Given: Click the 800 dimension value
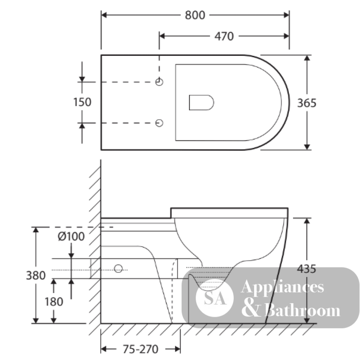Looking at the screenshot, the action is [x=195, y=15].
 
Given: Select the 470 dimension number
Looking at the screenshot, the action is [x=224, y=36].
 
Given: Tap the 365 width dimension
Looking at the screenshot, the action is [x=307, y=103].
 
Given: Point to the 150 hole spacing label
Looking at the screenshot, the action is [x=82, y=102].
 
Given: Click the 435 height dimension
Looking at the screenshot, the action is [x=306, y=269].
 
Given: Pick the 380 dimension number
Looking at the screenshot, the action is [x=36, y=275].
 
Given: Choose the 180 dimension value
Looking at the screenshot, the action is [x=54, y=302].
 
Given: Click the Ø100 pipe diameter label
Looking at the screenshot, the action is [x=71, y=236].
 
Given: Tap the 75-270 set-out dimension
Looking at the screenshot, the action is [x=140, y=349].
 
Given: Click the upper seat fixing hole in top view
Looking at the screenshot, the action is [x=159, y=82].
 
